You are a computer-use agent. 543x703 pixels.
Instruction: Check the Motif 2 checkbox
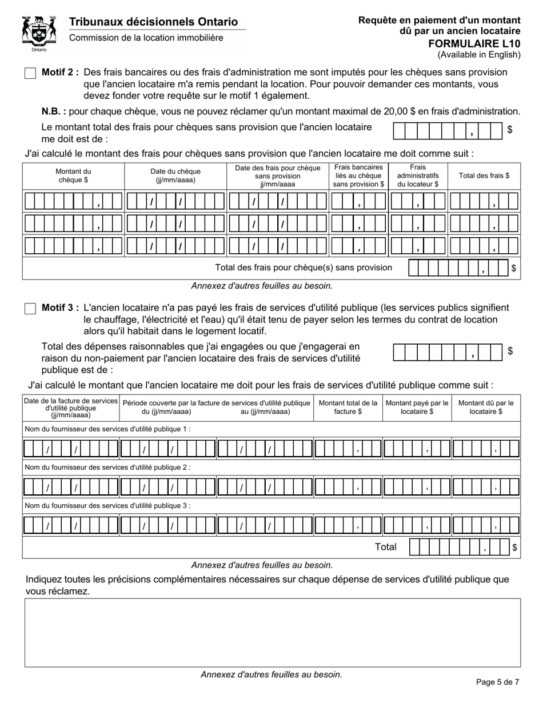coord(31,73)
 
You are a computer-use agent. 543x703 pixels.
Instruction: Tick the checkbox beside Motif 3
coord(31,309)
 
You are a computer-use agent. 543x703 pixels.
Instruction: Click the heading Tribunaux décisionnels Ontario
coord(153,22)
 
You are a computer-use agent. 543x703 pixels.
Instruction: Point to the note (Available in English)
coord(479,55)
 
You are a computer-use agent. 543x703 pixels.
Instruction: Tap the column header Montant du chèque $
coord(73,175)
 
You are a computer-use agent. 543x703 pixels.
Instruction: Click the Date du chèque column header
coord(175,175)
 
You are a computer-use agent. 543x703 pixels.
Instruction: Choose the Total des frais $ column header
coord(484,175)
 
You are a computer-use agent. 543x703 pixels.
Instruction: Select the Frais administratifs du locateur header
coord(418,175)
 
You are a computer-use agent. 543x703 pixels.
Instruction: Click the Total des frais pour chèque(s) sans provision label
coord(304,267)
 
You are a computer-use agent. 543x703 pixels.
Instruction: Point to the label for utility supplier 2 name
coord(108,467)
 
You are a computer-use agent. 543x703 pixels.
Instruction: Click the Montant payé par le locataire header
coord(417,407)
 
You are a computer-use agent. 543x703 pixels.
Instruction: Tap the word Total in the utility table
coord(385,547)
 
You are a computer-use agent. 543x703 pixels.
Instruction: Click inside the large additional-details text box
coord(272,632)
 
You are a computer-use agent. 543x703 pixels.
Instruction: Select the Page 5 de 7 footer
coord(497,682)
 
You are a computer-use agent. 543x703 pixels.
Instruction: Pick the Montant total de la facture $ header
coord(348,407)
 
